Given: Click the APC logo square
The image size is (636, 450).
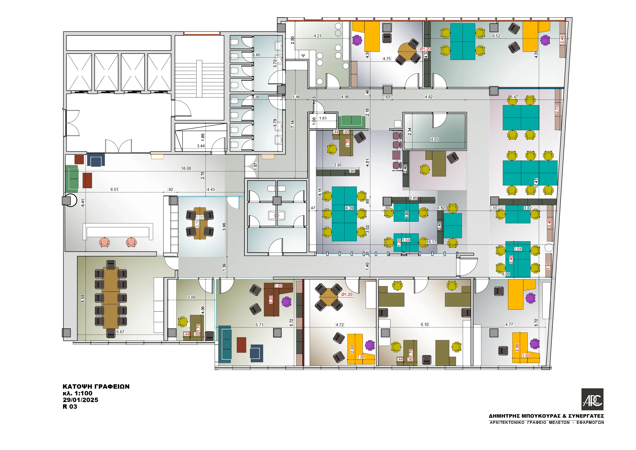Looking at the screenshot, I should click(x=592, y=399).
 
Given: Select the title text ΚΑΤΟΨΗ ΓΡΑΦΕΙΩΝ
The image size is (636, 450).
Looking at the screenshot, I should click(x=96, y=386).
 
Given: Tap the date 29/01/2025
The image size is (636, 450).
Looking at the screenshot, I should click(x=80, y=400).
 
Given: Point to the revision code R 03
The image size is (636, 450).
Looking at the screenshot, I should click(x=70, y=406).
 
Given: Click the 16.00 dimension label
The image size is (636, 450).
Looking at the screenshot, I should click(x=186, y=169).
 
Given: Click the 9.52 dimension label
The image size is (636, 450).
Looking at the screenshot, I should click(x=496, y=36).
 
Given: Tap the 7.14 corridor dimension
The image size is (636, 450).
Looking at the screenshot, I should click(x=293, y=124).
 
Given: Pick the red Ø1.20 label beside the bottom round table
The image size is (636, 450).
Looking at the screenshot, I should click(x=347, y=295).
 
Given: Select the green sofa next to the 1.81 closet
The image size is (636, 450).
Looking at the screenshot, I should click(x=351, y=121).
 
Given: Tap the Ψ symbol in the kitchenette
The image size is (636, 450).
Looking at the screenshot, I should click(x=303, y=55).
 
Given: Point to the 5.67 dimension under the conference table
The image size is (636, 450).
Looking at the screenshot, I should click(x=120, y=332).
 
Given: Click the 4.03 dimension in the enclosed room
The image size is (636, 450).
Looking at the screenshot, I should click(x=434, y=139).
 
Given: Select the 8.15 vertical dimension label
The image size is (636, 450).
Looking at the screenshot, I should click(x=320, y=192).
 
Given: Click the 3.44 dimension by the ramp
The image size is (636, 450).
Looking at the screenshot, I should click(x=201, y=146).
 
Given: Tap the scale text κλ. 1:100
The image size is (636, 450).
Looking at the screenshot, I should click(x=77, y=393).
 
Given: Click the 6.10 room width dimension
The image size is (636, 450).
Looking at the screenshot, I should click(x=424, y=325).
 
